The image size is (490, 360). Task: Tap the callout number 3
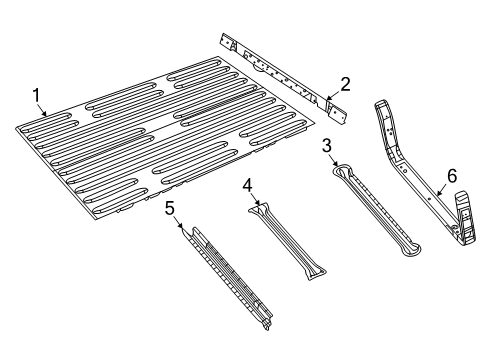coord(327,146)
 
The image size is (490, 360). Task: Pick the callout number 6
coord(451,175)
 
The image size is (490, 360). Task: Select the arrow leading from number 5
coord(184,229)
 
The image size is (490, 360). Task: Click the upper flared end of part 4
coord(263,209)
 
